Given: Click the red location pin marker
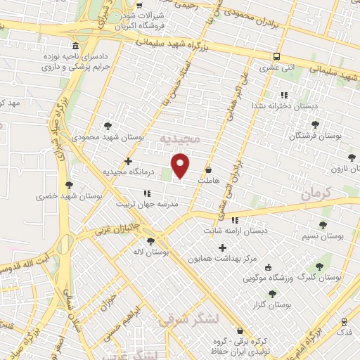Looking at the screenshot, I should [x=181, y=166].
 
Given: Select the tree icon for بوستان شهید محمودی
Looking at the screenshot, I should [x=107, y=126].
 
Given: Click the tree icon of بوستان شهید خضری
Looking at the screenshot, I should [x=68, y=186].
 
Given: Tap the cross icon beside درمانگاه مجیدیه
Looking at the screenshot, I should [x=128, y=161].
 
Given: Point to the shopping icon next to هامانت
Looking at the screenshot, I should [x=209, y=170].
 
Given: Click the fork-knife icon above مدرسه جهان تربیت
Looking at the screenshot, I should [x=146, y=193].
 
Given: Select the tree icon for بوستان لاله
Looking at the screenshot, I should [x=150, y=241].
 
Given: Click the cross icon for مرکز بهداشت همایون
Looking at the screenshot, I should [x=223, y=247].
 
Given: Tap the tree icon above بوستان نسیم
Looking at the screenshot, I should [x=323, y=225].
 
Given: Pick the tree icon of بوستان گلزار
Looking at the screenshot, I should [x=271, y=294].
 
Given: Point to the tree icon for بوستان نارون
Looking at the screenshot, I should [x=352, y=157].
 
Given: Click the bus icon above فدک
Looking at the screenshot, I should [x=344, y=319].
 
